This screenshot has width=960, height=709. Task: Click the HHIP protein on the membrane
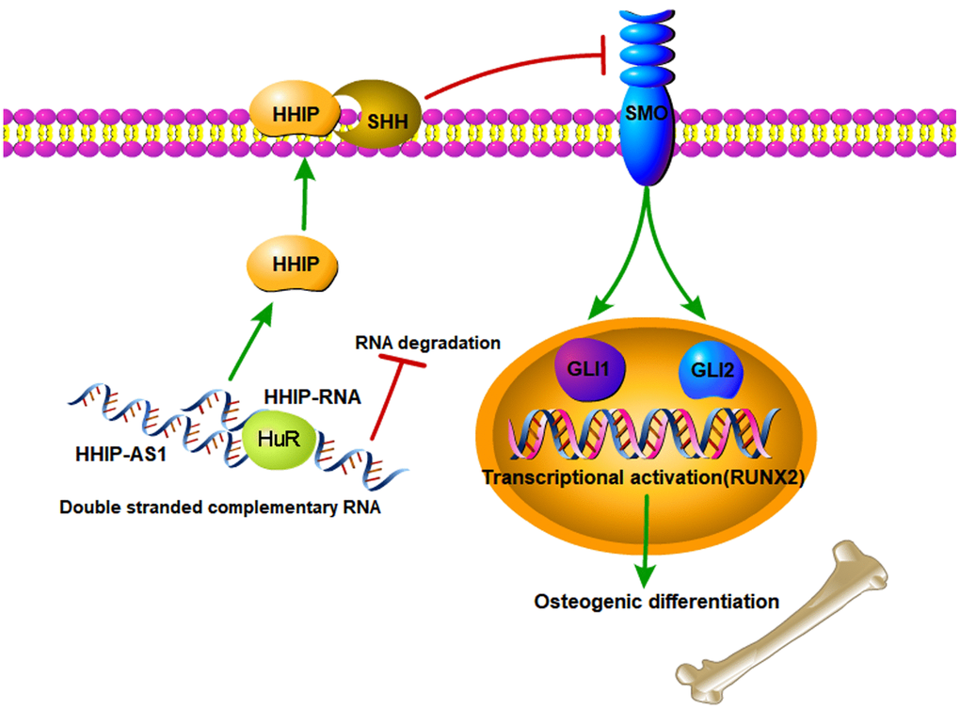(x=294, y=116)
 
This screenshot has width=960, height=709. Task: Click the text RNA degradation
(x=427, y=344)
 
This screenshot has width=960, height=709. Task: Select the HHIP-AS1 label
(x=115, y=453)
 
